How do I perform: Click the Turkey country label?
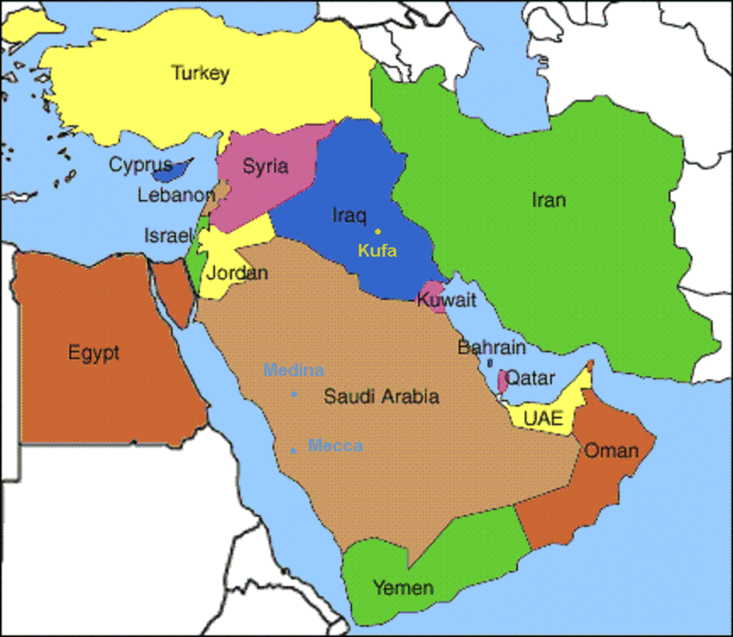point(200,73)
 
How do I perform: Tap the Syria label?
point(265,166)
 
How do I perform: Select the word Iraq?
point(349,215)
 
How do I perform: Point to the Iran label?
point(549,200)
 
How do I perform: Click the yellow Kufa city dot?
point(377,232)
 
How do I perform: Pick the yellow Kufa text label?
point(377,250)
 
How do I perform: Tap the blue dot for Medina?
point(294,394)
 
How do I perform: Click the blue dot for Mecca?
point(293,451)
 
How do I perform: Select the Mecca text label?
point(335,446)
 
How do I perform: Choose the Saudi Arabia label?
point(381,396)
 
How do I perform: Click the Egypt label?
point(93,353)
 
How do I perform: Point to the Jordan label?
point(237,273)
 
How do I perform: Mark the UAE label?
point(543,419)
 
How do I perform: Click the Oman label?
point(611,451)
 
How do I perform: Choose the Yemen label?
point(403,588)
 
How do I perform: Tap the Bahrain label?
point(492,347)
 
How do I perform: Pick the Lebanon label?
point(175,195)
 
